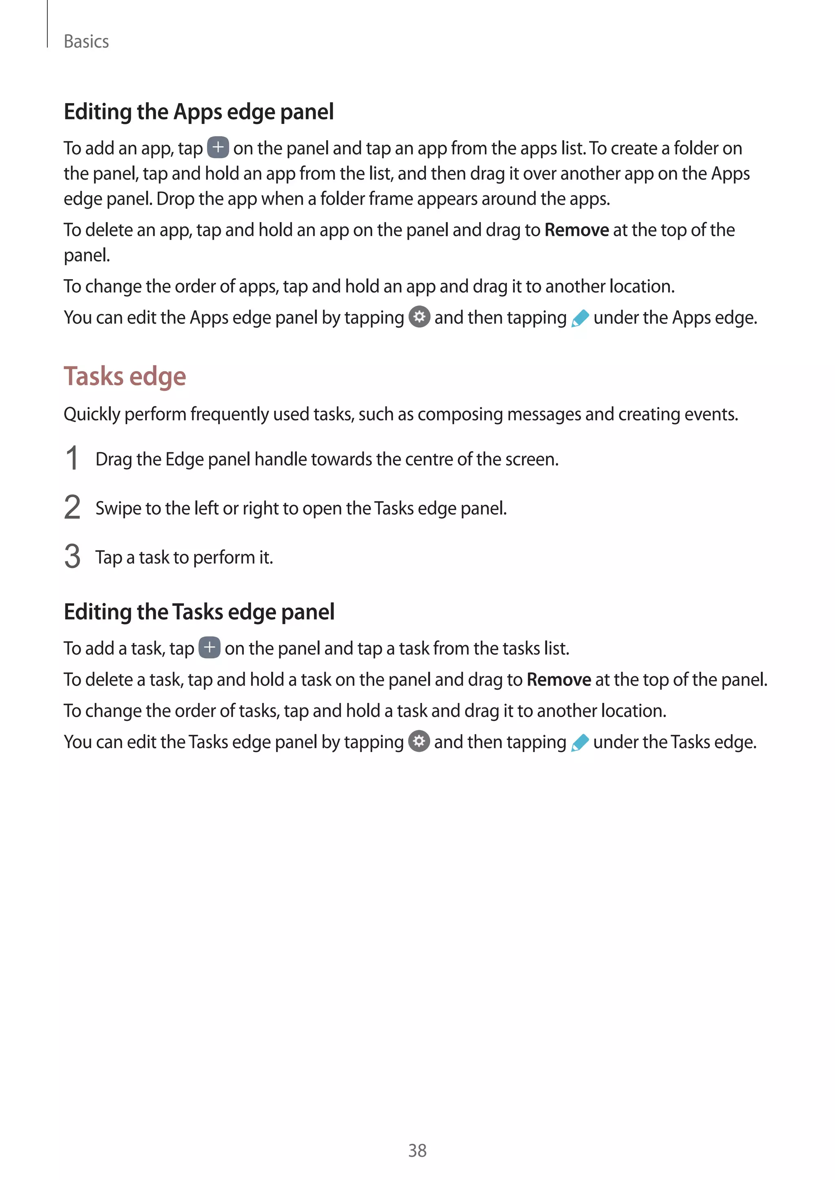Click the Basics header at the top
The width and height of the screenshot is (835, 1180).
coord(86,42)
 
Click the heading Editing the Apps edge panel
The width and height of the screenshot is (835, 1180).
coord(199,112)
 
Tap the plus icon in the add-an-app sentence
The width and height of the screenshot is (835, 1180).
coord(218,147)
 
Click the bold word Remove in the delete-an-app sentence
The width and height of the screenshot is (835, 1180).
coord(577,230)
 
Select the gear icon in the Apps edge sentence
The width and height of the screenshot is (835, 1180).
coord(419,317)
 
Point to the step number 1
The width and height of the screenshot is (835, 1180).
coord(72,458)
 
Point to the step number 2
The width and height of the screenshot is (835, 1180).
coord(72,507)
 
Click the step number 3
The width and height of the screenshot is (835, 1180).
coord(72,557)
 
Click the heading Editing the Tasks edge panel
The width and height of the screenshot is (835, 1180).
coord(199,612)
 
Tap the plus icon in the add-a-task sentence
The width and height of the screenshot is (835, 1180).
coord(209,647)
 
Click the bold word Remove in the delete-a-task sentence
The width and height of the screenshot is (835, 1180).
coord(559,679)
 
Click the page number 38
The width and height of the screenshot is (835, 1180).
coord(417,1150)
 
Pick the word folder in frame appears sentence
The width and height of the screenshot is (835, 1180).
coord(343,199)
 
